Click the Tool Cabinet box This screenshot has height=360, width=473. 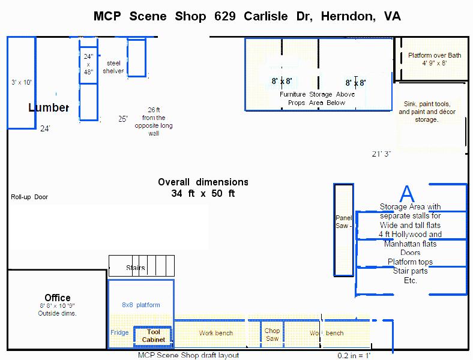[x=154, y=336]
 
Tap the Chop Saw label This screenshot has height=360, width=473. [x=272, y=335]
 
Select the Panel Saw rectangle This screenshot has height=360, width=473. [x=343, y=230]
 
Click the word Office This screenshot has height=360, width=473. [x=58, y=298]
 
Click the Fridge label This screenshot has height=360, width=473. [x=119, y=332]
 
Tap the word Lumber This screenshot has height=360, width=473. [x=49, y=108]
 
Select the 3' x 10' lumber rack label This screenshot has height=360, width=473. [x=22, y=83]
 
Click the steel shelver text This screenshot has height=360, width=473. [x=113, y=67]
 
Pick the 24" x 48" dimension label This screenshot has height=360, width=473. [x=88, y=64]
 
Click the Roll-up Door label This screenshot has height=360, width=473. [x=29, y=197]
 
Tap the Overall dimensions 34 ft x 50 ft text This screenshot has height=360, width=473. [x=203, y=188]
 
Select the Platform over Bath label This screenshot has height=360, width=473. [x=435, y=59]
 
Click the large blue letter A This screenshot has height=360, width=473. [x=407, y=194]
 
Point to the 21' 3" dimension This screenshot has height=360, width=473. [x=381, y=154]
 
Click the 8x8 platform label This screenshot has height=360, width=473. [x=141, y=305]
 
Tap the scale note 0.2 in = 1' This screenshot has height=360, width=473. [x=354, y=355]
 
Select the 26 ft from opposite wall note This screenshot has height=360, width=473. [x=154, y=121]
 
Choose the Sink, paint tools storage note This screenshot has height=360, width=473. [x=427, y=112]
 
